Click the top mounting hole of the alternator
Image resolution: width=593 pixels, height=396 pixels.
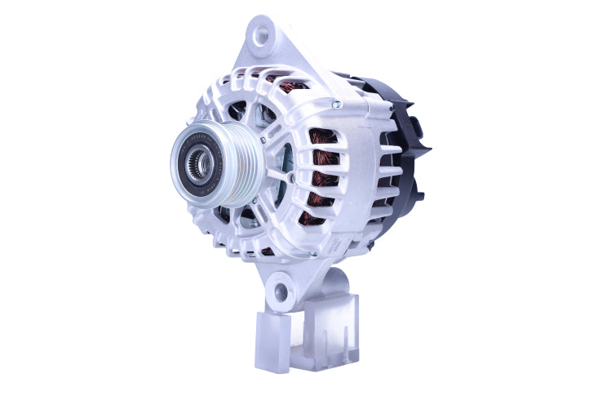click(x=262, y=35)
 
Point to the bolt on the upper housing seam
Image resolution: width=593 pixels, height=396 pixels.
click(x=335, y=104)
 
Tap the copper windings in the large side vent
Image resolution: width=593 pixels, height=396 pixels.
click(x=322, y=176)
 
